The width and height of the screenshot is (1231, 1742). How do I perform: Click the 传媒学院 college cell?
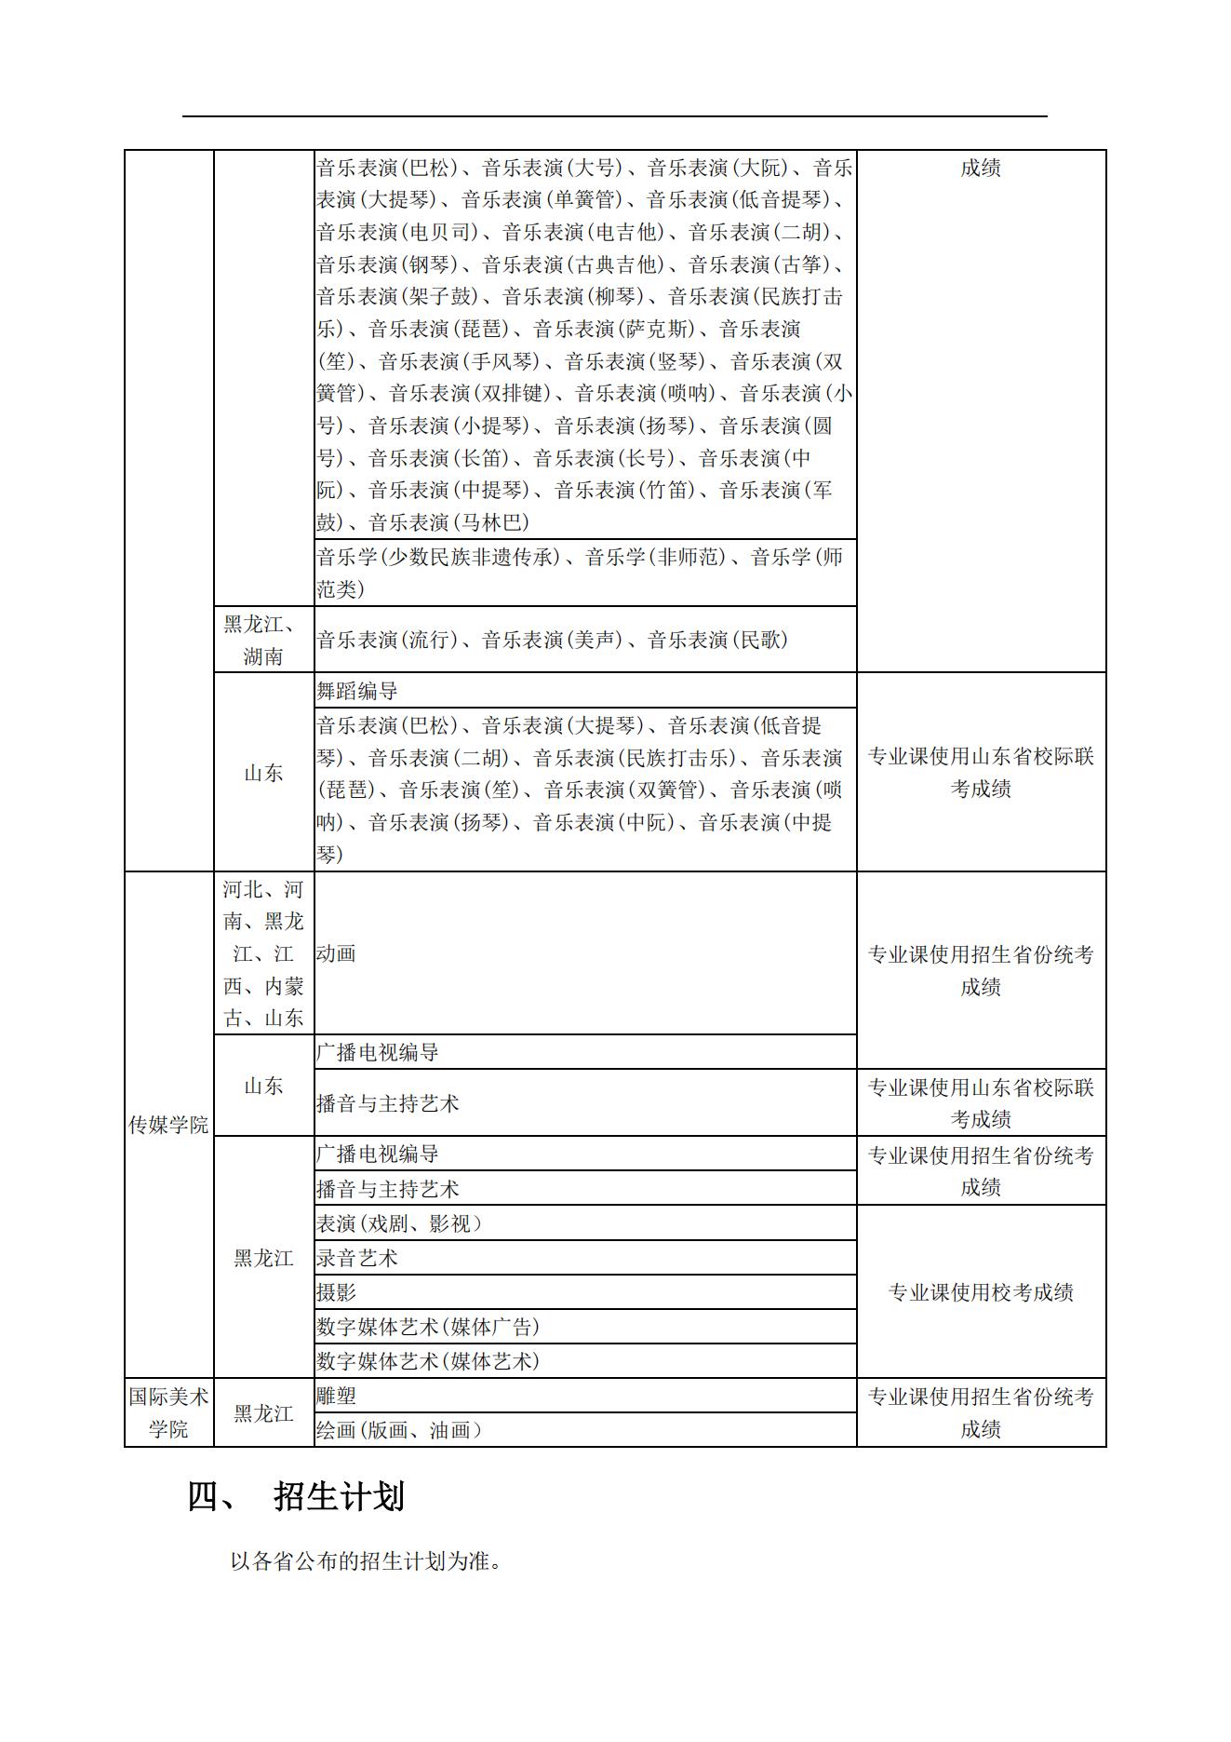pos(168,1125)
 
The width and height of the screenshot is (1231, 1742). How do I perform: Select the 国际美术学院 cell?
pos(168,1412)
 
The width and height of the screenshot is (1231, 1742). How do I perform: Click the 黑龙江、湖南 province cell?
pos(263,640)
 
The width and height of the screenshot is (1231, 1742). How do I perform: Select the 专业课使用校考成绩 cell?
pos(981,1292)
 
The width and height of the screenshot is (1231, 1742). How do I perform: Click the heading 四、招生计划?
pos(297,1498)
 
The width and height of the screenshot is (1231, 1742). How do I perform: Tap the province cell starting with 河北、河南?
pos(263,953)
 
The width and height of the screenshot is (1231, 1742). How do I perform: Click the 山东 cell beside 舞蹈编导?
pos(263,773)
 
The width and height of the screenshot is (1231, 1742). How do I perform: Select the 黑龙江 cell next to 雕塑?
pos(263,1413)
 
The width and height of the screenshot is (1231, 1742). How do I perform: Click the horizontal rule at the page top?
pos(614,116)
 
